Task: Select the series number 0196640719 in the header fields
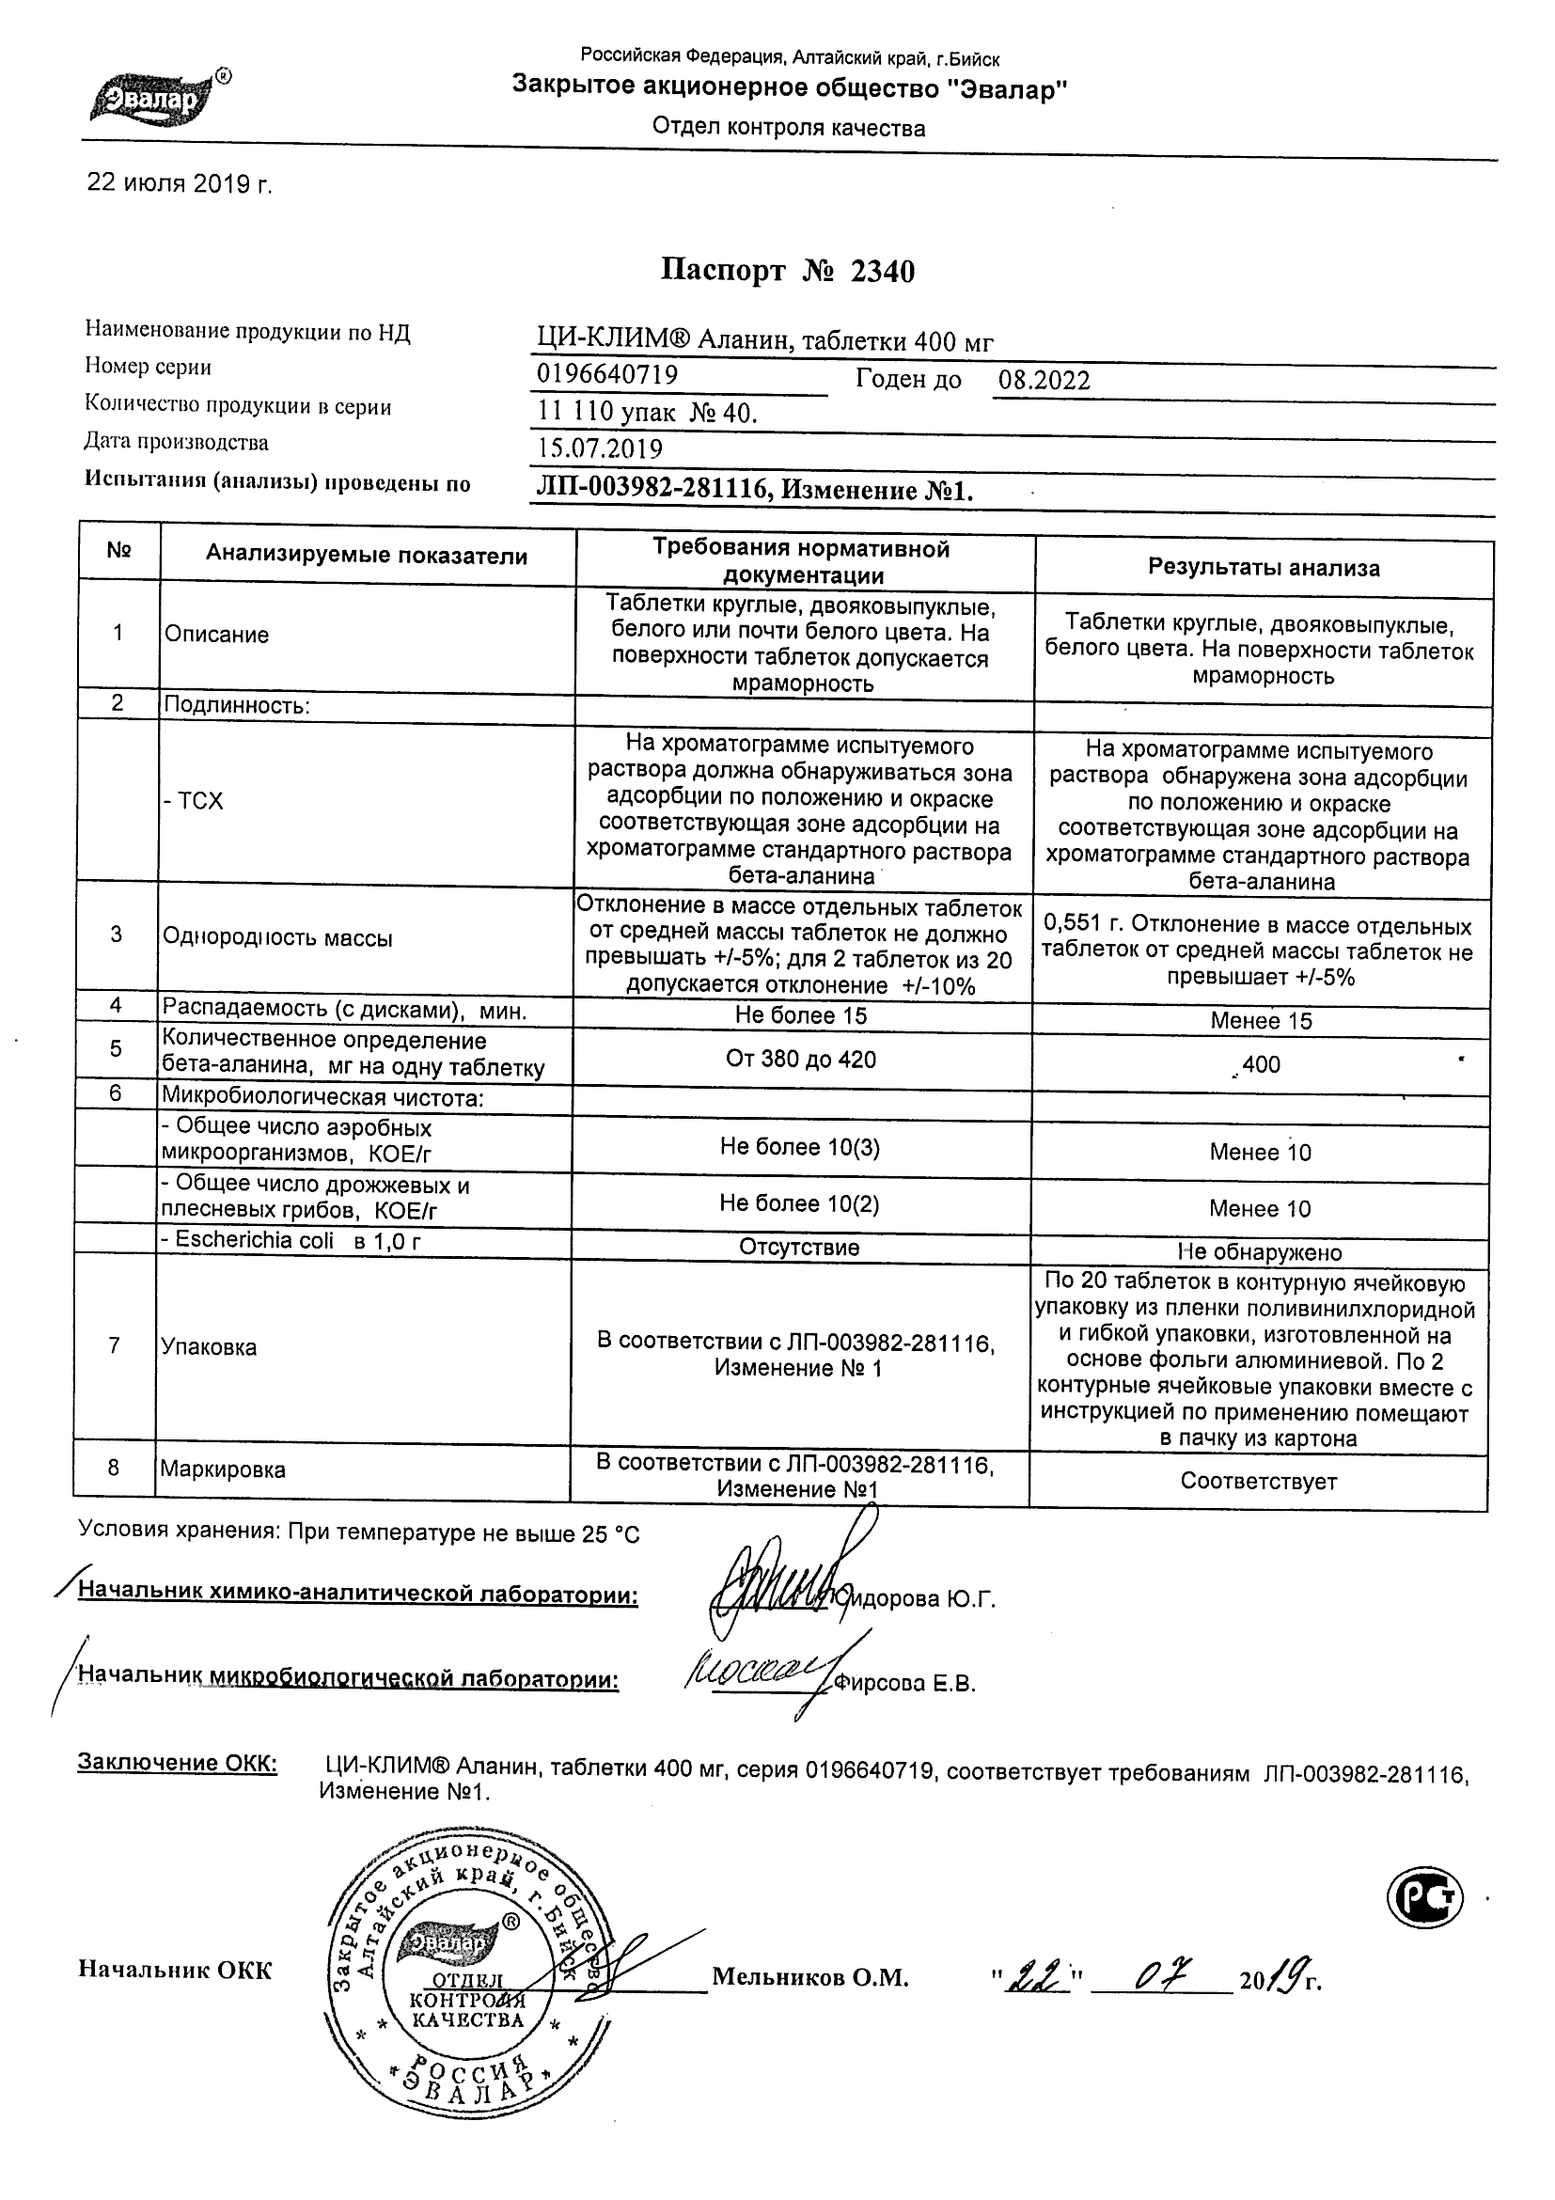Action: tap(607, 373)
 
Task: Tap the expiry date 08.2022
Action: tap(1044, 381)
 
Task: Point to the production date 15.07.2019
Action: tap(600, 448)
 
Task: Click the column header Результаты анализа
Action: tap(1264, 568)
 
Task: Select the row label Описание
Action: tap(216, 635)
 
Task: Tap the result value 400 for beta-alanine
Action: tap(1261, 1064)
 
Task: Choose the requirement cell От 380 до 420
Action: tap(801, 1059)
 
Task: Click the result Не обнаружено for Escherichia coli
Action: tap(1259, 1252)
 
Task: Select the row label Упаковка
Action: tap(209, 1347)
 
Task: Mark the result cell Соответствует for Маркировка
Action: tap(1258, 1482)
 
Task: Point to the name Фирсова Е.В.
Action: tap(905, 1685)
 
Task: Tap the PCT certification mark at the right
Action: tap(1425, 1896)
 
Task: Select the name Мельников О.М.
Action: tap(809, 1979)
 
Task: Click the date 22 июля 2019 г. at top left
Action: tap(180, 183)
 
